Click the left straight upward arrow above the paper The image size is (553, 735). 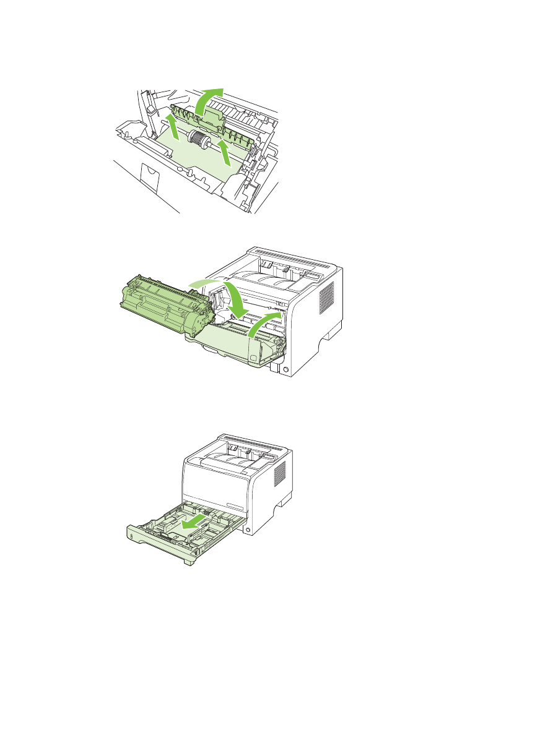point(173,124)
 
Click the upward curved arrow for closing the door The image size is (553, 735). point(263,322)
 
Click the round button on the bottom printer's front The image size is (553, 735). point(248,530)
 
